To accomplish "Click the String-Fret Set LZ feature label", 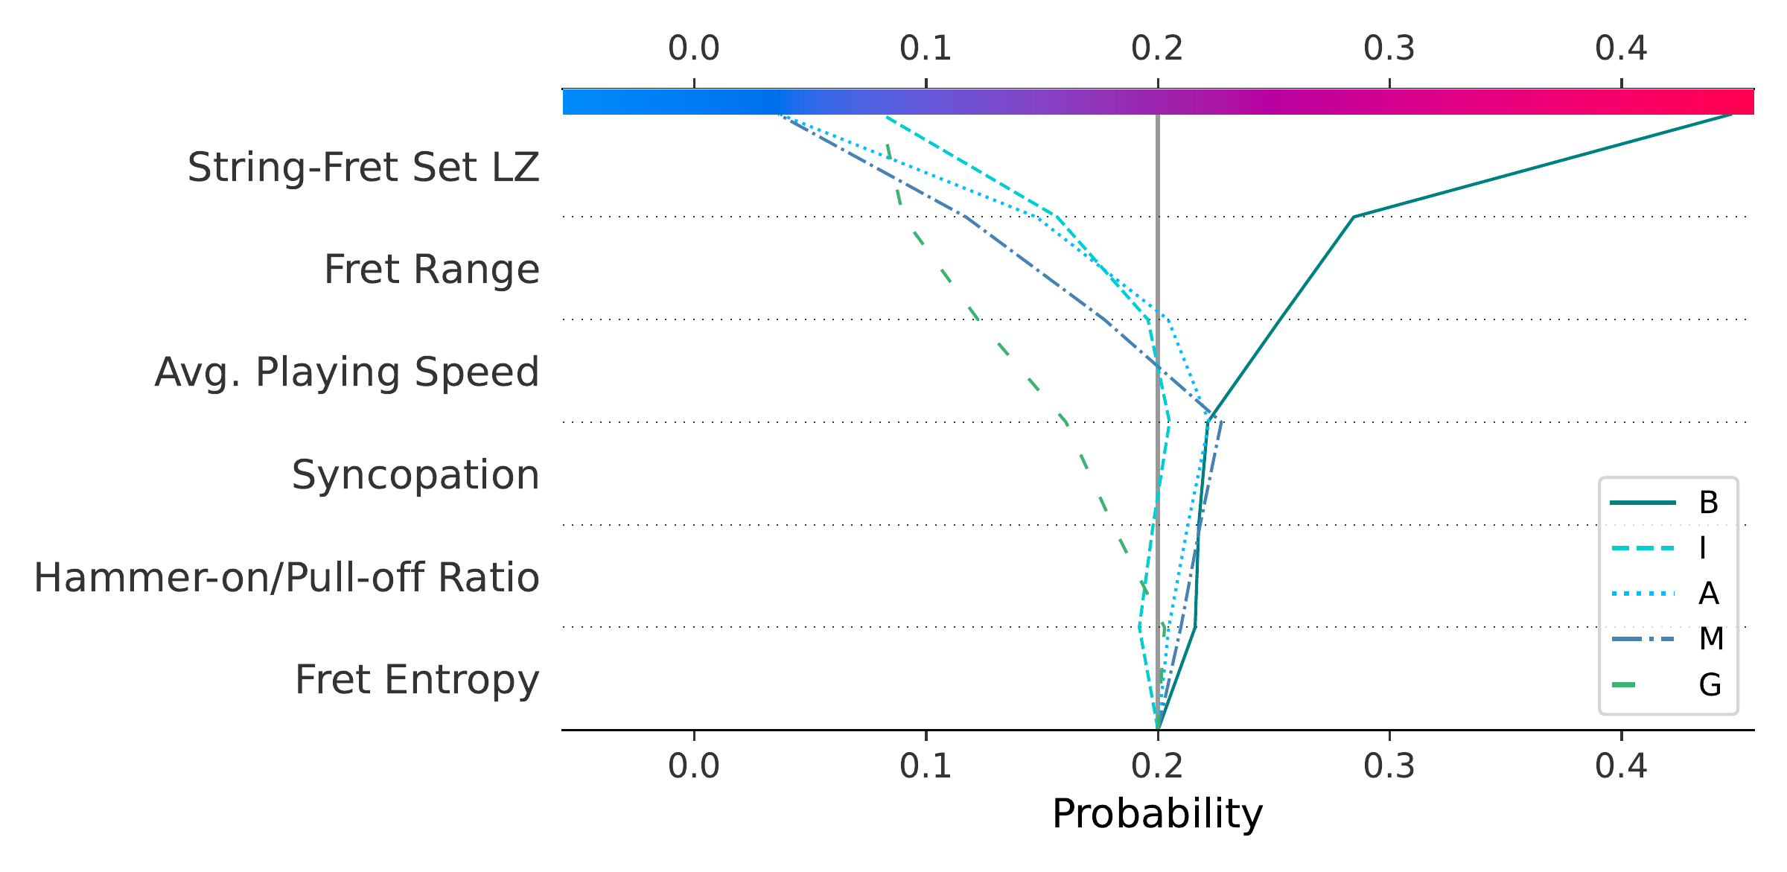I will tap(363, 167).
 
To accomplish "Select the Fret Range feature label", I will tap(432, 269).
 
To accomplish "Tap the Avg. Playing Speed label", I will tap(347, 372).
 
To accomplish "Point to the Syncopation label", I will tap(415, 474).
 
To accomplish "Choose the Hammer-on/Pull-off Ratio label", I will tap(287, 577).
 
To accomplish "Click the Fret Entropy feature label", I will tap(417, 680).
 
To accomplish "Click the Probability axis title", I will tap(1157, 813).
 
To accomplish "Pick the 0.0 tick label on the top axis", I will tap(694, 48).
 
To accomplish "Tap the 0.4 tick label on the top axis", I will tap(1621, 48).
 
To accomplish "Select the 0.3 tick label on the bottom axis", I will tap(1389, 766).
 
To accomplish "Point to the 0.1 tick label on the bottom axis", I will tap(926, 766).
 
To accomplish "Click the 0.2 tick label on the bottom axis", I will tap(1157, 766).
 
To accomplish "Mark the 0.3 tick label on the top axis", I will tap(1389, 48).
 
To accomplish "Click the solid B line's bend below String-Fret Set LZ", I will tap(1354, 217).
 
